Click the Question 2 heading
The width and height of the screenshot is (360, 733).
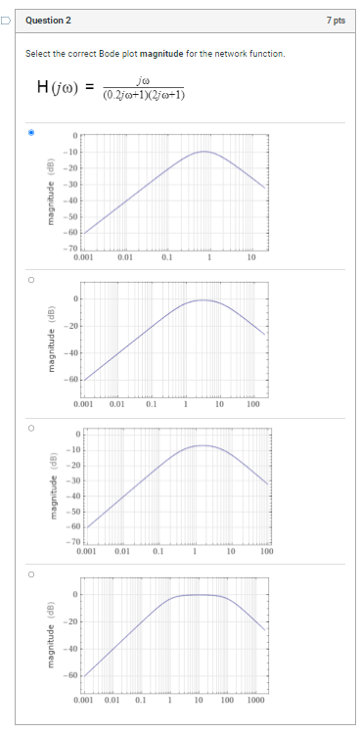[x=48, y=20]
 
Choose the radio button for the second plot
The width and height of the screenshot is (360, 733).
[x=31, y=278]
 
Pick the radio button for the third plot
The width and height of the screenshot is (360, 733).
[x=31, y=427]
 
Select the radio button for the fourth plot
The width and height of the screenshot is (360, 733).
[x=31, y=573]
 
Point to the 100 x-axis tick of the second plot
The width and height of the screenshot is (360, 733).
[x=252, y=403]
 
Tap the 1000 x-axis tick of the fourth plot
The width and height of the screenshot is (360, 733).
[x=255, y=701]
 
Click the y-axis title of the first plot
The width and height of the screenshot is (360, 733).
[x=42, y=192]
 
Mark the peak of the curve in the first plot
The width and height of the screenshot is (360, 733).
[x=204, y=152]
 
